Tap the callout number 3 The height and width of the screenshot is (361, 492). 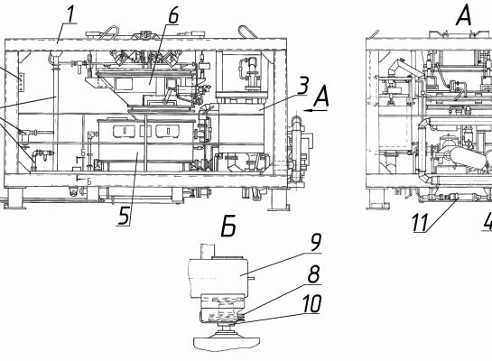click(302, 85)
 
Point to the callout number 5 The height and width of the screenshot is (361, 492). click(124, 215)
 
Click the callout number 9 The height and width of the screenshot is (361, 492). click(316, 234)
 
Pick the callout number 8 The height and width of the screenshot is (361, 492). click(314, 274)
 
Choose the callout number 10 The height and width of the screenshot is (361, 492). click(311, 303)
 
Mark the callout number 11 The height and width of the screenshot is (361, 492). click(420, 222)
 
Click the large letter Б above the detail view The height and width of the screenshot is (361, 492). click(228, 226)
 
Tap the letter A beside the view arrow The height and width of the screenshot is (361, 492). click(320, 97)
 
